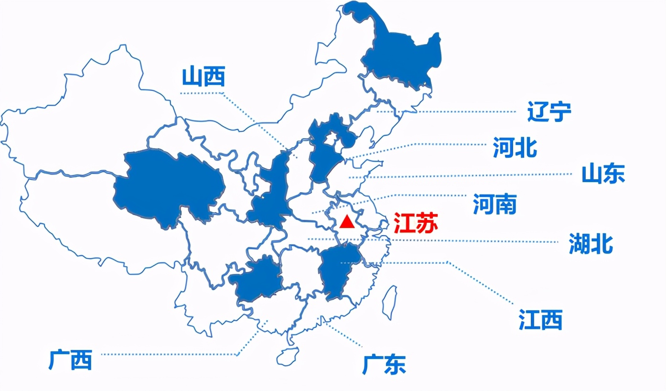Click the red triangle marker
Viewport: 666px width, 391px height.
(348, 222)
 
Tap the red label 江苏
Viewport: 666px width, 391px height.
(415, 223)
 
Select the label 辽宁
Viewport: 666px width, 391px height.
(549, 111)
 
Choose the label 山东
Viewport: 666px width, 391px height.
(603, 174)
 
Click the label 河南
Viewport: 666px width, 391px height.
(494, 204)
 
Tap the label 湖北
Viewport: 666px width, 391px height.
(591, 244)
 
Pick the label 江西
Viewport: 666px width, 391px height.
(540, 319)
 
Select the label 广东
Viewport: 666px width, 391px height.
(384, 365)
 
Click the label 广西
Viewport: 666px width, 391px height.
(70, 360)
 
